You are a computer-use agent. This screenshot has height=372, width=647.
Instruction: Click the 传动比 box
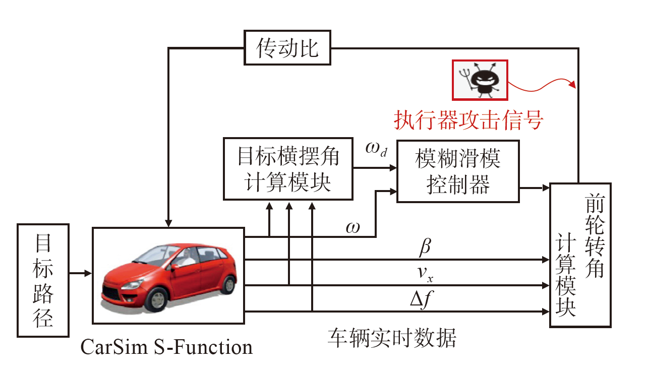(x=287, y=48)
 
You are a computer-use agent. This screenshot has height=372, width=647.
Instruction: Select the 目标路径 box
(x=43, y=280)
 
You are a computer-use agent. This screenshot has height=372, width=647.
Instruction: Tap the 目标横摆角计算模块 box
(x=288, y=169)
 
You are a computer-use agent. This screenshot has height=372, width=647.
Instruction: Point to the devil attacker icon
(x=480, y=80)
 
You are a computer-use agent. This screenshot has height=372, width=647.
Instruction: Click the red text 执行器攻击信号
(x=468, y=120)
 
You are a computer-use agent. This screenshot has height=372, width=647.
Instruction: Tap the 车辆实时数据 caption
(x=392, y=338)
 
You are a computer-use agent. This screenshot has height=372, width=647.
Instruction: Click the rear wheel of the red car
(x=228, y=283)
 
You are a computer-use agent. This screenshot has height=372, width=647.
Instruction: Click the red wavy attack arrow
(x=540, y=84)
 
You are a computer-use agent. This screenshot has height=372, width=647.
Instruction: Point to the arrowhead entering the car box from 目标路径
(x=88, y=274)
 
